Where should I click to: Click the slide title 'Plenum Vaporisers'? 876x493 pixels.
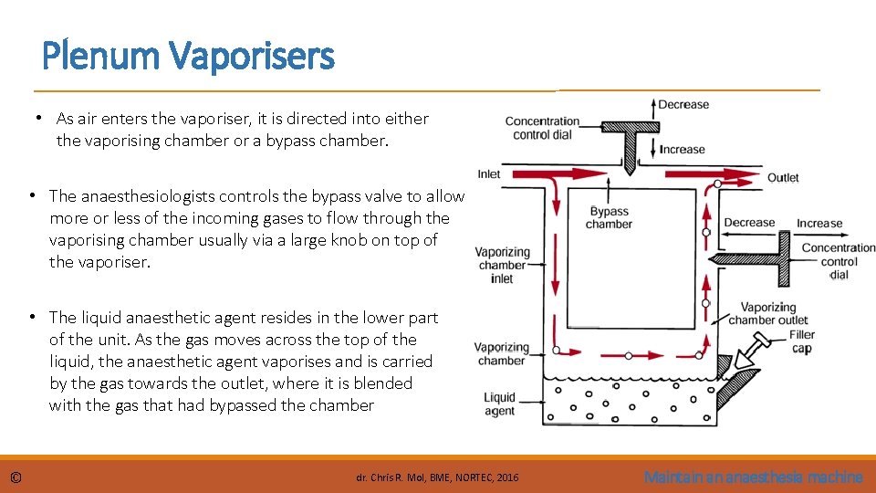[188, 57]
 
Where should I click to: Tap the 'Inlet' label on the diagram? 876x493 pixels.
[489, 174]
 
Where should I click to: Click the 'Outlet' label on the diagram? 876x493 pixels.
[783, 178]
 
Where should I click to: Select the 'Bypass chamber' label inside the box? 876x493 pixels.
[609, 217]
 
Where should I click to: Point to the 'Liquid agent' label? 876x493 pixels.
[500, 404]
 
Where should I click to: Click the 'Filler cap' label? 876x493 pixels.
[802, 341]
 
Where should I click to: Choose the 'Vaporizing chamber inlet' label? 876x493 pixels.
[502, 266]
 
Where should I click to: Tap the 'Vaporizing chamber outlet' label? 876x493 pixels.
[768, 313]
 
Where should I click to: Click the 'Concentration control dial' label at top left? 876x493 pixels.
[543, 128]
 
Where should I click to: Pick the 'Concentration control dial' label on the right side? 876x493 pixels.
[839, 261]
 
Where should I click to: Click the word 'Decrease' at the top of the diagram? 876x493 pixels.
[683, 105]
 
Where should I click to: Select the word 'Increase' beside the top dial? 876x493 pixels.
[683, 149]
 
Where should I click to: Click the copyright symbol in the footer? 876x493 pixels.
[16, 477]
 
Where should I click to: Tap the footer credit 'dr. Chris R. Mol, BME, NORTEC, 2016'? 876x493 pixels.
[437, 477]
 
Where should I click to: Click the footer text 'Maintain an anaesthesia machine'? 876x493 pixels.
[753, 477]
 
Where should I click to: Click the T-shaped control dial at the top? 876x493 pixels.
[629, 137]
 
